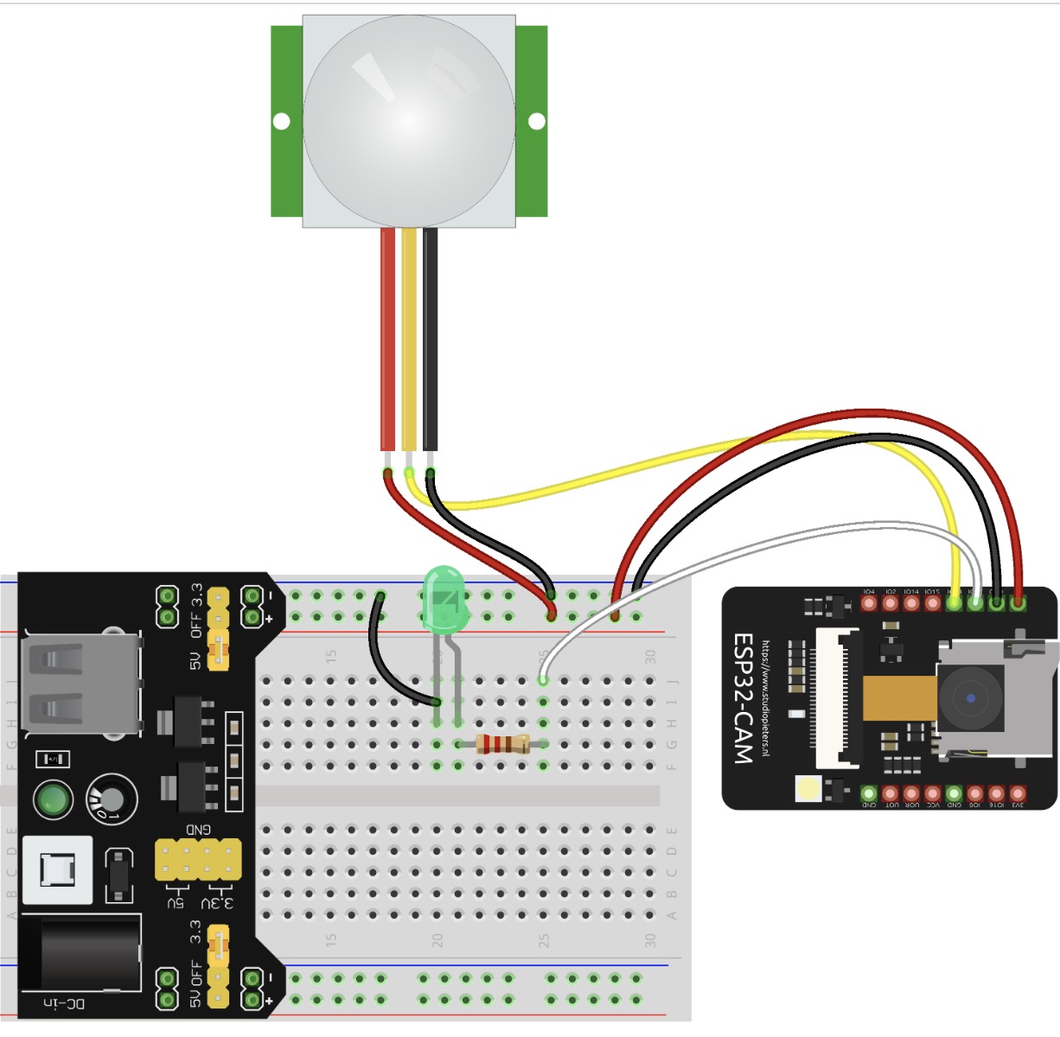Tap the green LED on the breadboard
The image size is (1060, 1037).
click(446, 597)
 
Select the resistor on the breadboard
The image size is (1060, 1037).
click(502, 744)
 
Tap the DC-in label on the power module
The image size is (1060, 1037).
click(64, 1004)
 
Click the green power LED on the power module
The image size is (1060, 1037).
click(53, 800)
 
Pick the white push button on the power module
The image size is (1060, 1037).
click(57, 868)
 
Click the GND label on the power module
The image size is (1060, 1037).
click(198, 830)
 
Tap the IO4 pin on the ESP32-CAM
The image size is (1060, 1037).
click(870, 602)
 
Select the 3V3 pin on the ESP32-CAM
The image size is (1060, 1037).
click(1018, 793)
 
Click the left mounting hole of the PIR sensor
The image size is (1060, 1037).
click(281, 121)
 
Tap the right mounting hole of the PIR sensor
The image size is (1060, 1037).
click(537, 121)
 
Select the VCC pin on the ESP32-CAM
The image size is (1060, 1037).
click(933, 793)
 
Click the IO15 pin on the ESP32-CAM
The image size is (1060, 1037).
click(933, 602)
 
